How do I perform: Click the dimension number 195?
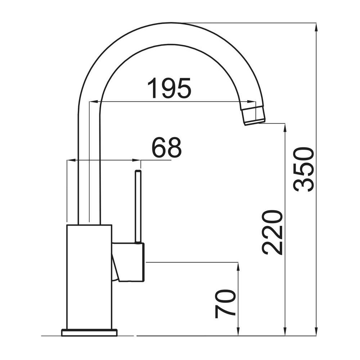(169, 88)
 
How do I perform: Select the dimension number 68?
(167, 148)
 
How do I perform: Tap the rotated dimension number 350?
(303, 170)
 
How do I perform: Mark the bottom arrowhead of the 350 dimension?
(316, 331)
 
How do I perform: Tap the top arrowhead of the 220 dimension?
(285, 128)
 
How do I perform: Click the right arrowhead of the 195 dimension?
(251, 101)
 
